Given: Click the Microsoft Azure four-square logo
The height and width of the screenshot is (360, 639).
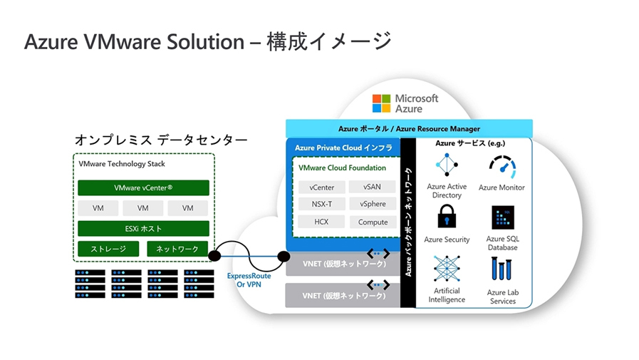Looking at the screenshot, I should (382, 103).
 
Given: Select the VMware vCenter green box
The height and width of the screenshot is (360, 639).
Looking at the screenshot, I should (143, 188).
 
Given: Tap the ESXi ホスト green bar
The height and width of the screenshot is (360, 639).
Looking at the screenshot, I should (143, 229).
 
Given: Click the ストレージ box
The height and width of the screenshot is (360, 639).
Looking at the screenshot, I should (108, 249).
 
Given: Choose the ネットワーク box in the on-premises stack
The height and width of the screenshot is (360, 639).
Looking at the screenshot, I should (177, 249).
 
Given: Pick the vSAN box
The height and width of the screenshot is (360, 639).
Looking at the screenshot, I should (373, 187).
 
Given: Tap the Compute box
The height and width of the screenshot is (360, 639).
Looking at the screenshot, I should (373, 222).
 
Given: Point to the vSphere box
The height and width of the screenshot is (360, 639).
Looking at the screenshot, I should (373, 204).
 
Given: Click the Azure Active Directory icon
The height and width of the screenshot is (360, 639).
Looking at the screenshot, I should (447, 165).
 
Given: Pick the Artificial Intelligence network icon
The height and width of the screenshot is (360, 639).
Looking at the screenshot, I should (447, 269).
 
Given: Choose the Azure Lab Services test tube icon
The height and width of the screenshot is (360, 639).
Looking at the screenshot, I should (502, 270).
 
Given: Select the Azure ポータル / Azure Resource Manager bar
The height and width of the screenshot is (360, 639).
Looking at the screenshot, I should (409, 128).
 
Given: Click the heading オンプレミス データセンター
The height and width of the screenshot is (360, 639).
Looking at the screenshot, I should (161, 140).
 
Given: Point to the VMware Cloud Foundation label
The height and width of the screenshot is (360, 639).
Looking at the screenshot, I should (343, 168).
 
